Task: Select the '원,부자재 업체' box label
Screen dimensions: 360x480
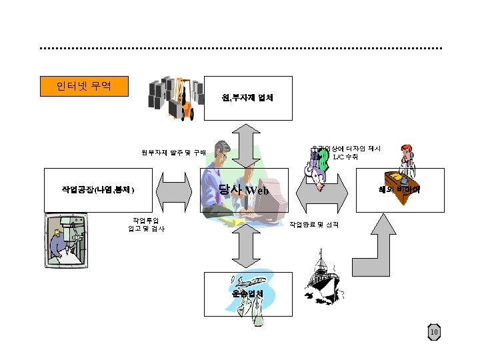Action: click(x=247, y=98)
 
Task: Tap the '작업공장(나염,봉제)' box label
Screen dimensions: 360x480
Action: click(x=98, y=190)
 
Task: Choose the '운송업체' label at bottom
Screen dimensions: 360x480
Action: click(x=247, y=293)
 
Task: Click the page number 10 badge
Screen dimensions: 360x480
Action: click(x=434, y=332)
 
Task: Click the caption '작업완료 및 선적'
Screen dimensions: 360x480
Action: click(x=313, y=225)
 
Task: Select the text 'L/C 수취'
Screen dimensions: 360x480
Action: click(x=345, y=157)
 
